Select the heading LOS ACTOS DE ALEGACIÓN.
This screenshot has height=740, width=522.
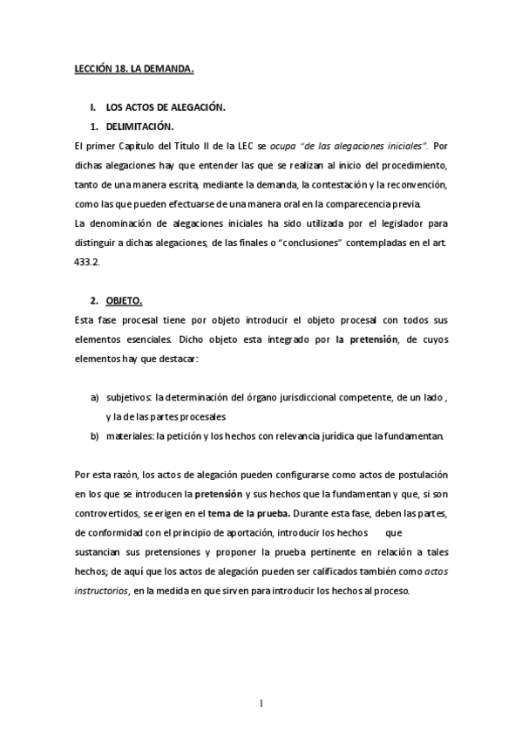point(165,107)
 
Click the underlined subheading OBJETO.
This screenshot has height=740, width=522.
point(125,301)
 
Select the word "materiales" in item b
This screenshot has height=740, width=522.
point(129,435)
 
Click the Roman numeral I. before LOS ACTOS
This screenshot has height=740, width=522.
point(92,107)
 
